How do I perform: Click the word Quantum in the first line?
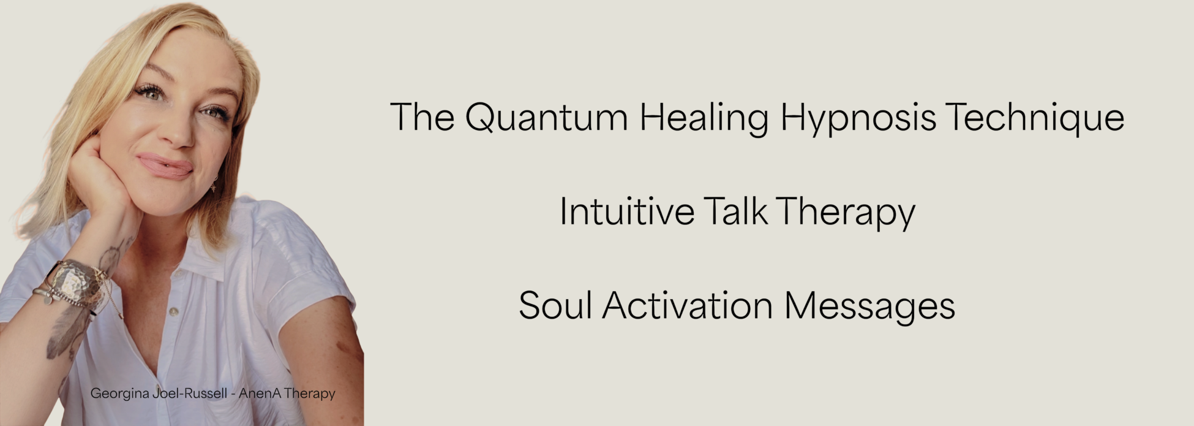(x=546, y=117)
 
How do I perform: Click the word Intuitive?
(x=627, y=211)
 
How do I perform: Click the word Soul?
(x=555, y=305)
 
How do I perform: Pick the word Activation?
(x=688, y=305)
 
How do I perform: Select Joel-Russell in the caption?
(x=190, y=394)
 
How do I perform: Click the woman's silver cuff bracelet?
(x=77, y=282)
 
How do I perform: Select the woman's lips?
(x=165, y=165)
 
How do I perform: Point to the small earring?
(x=214, y=183)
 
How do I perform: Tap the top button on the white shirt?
(x=174, y=311)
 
